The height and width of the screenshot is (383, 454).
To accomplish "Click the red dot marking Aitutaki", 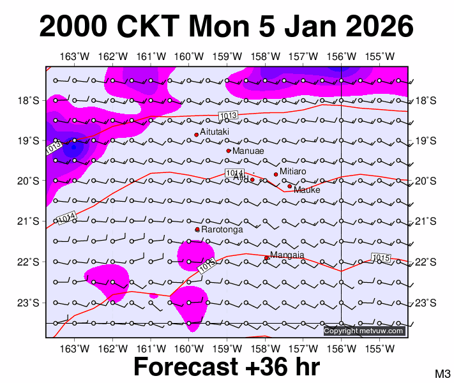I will pos(197,135).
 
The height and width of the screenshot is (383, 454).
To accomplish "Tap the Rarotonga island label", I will pos(222,229).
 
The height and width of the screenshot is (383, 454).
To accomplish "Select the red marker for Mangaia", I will pos(266,258).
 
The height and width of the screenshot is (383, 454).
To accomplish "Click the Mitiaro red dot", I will pos(276,174).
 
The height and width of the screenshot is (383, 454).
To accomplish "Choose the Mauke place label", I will pos(306,190).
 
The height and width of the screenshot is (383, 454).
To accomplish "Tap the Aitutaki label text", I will pos(215,131).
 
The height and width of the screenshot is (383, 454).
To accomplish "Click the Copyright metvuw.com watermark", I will pos(364,331).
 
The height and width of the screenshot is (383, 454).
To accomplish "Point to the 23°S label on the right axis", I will pos(426,303).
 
